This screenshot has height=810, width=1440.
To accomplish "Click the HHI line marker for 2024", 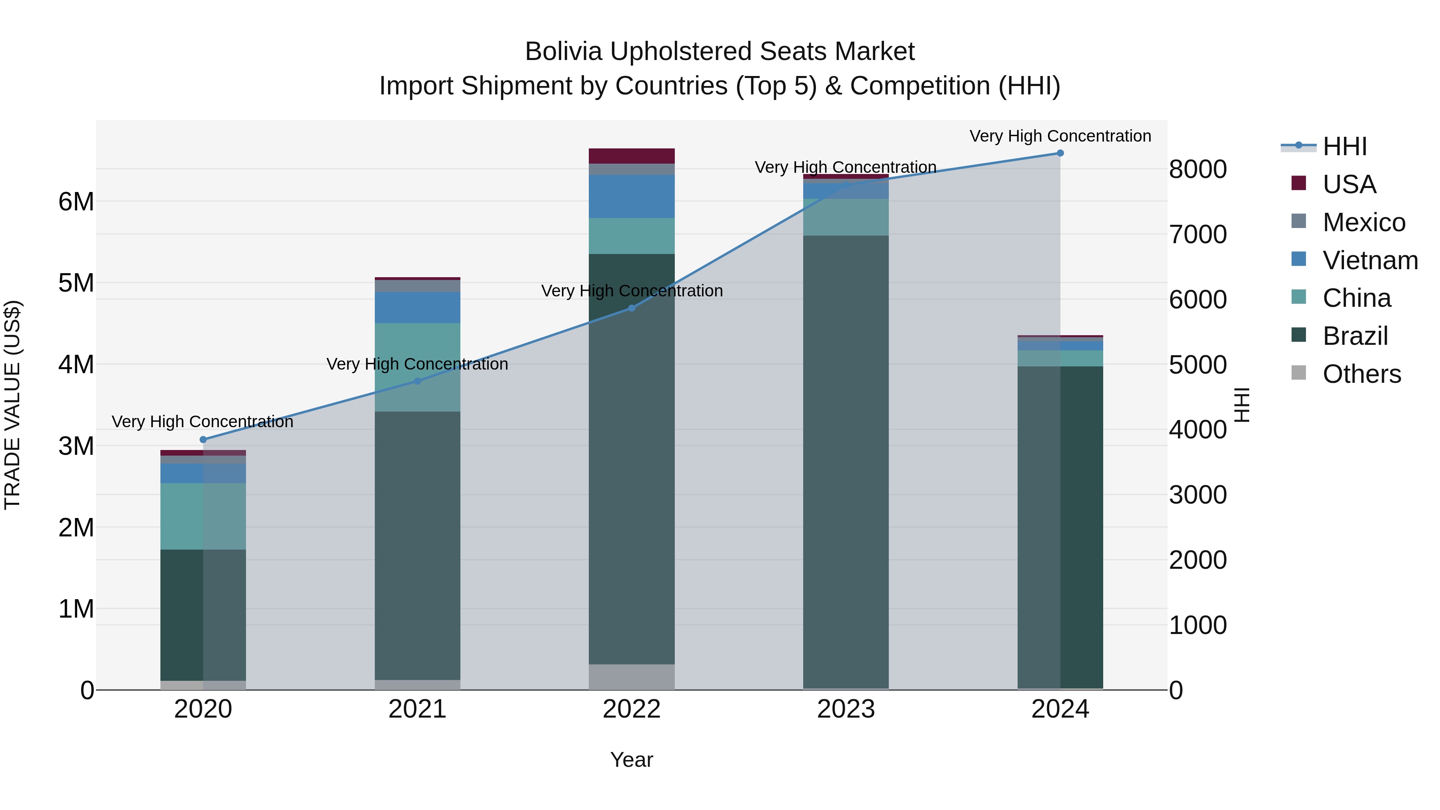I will [1060, 153].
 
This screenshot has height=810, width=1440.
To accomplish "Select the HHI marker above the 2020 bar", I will [203, 439].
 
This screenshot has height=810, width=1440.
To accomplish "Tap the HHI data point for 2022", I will [632, 308].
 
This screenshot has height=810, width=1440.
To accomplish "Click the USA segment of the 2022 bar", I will [632, 156].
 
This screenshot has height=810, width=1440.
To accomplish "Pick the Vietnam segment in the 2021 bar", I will [417, 308].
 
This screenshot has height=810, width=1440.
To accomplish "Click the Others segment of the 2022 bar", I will [632, 676].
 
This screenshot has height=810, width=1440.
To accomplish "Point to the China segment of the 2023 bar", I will [846, 217].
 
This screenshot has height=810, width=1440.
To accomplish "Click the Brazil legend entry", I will [1356, 336].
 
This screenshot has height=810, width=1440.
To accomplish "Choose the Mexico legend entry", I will [1364, 222].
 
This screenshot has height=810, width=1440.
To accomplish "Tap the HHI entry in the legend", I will [1344, 146].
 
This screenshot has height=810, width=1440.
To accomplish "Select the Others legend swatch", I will [1298, 373].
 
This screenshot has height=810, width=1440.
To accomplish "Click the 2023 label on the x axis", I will [846, 709].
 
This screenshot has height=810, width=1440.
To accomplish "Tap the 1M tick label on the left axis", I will [76, 609].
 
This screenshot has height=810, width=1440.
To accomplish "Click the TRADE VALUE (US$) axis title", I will [12, 405].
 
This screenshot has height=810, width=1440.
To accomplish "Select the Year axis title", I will [632, 760].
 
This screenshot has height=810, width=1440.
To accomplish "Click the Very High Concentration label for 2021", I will [417, 364].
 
